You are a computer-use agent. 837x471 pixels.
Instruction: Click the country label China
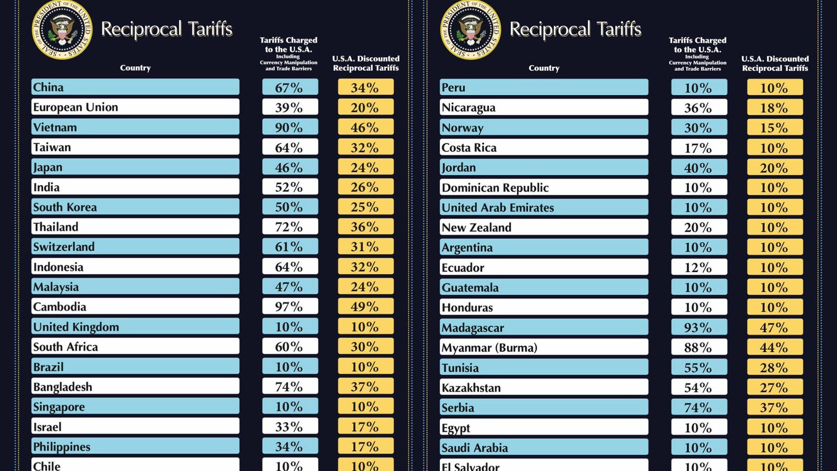tap(48, 87)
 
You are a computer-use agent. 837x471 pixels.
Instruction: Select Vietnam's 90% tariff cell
tap(289, 127)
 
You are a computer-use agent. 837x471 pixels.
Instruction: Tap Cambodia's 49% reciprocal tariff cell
tap(365, 307)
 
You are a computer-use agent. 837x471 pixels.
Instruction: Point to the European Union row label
tap(76, 107)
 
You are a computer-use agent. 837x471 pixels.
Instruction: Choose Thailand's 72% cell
tap(289, 227)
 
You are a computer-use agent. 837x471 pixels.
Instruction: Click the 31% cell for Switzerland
tap(365, 247)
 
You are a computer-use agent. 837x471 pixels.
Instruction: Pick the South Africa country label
tap(65, 347)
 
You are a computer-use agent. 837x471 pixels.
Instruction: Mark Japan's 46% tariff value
tap(289, 167)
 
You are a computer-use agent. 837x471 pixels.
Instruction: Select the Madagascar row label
tap(473, 327)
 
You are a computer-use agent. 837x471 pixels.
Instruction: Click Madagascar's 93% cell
tap(698, 327)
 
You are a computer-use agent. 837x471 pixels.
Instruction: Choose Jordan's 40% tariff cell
tap(698, 168)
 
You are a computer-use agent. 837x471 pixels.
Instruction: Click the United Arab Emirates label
tap(498, 208)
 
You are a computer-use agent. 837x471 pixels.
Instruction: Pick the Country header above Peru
tap(544, 68)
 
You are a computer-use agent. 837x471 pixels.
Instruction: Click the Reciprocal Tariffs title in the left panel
tap(166, 29)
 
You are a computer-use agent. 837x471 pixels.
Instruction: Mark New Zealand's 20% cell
tap(698, 227)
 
